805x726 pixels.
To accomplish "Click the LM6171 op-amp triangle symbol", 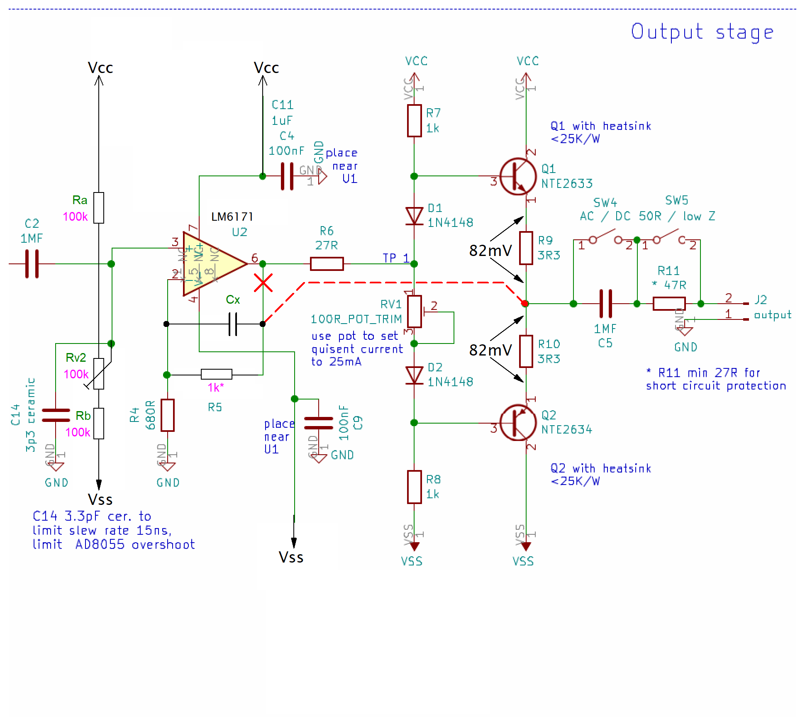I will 212,264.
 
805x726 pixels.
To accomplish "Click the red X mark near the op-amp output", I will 263,283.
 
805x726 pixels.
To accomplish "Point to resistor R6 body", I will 327,264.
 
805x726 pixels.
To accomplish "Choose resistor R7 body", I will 414,121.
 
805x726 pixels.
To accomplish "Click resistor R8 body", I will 414,487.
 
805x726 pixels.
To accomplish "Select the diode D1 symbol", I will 414,216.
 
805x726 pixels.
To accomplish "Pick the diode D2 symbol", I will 414,375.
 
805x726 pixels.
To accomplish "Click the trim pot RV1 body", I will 414,312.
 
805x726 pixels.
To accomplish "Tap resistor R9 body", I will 526,248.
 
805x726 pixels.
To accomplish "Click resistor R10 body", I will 526,351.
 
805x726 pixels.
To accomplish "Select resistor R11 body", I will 669,304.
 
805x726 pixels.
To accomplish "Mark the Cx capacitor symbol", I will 233,324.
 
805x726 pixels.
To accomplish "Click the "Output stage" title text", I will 702,32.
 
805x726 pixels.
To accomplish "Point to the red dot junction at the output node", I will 525,304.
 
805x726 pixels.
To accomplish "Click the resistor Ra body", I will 99,208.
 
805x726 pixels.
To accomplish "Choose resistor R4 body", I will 168,415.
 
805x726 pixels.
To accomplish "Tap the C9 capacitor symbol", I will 319,423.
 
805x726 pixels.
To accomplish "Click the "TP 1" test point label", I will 395,258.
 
